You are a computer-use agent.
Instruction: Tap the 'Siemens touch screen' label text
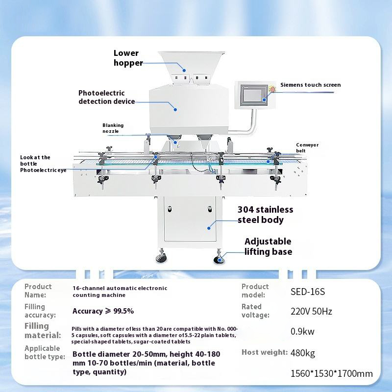pyautogui.click(x=310, y=85)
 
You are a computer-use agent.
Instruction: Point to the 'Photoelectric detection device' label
pyautogui.click(x=106, y=97)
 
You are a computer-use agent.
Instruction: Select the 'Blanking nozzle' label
pyautogui.click(x=113, y=128)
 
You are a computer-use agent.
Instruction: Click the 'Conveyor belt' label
pyautogui.click(x=307, y=148)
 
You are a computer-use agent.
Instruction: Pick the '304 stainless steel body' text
pyautogui.click(x=265, y=215)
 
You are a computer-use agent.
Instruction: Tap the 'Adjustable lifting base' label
pyautogui.click(x=268, y=246)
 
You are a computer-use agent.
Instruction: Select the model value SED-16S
pyautogui.click(x=308, y=292)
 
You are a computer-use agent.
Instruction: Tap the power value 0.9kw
pyautogui.click(x=302, y=331)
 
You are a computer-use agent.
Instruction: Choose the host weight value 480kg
pyautogui.click(x=303, y=352)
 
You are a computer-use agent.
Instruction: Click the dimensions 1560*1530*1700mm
pyautogui.click(x=331, y=373)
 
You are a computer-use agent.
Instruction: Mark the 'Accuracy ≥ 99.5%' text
pyautogui.click(x=103, y=311)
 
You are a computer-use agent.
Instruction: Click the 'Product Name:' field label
pyautogui.click(x=38, y=291)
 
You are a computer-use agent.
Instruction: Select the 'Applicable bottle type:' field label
pyautogui.click(x=45, y=352)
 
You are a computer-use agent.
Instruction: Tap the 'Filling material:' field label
pyautogui.click(x=43, y=330)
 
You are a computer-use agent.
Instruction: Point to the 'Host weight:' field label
pyautogui.click(x=264, y=352)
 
